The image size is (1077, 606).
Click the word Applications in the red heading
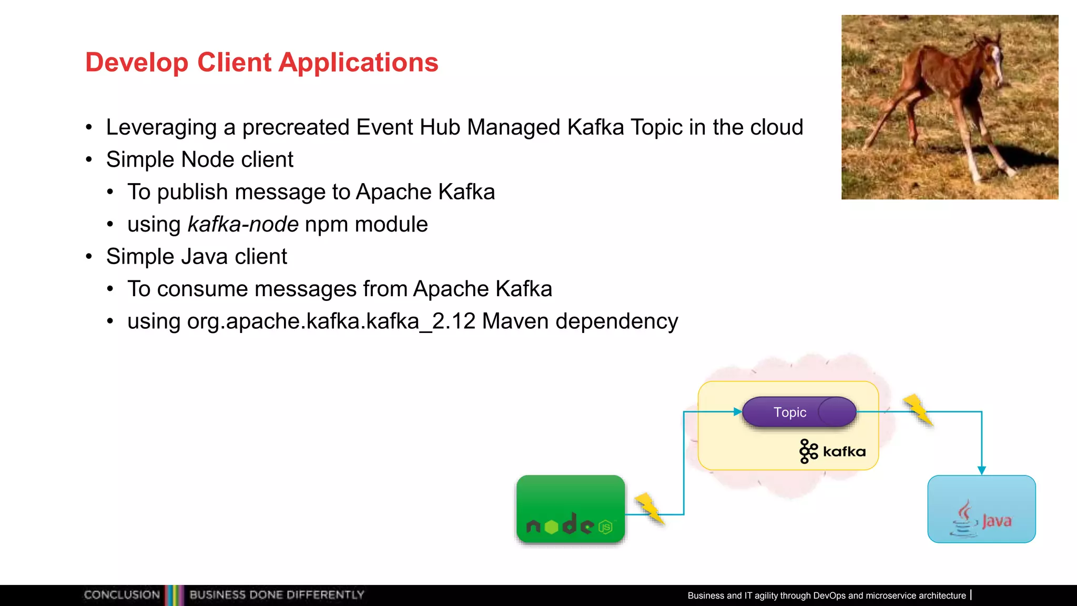pos(358,63)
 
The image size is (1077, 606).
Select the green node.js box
pos(571,509)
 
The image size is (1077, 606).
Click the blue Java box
pos(981,509)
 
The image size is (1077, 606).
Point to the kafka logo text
pos(844,452)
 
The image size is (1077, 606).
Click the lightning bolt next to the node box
pos(650,508)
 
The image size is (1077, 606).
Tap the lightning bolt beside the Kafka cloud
pos(918,409)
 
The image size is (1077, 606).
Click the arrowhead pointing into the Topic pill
pos(737,412)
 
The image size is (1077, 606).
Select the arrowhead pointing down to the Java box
pos(981,470)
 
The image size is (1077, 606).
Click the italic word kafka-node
pos(243,225)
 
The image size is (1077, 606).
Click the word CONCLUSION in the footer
pos(121,595)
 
